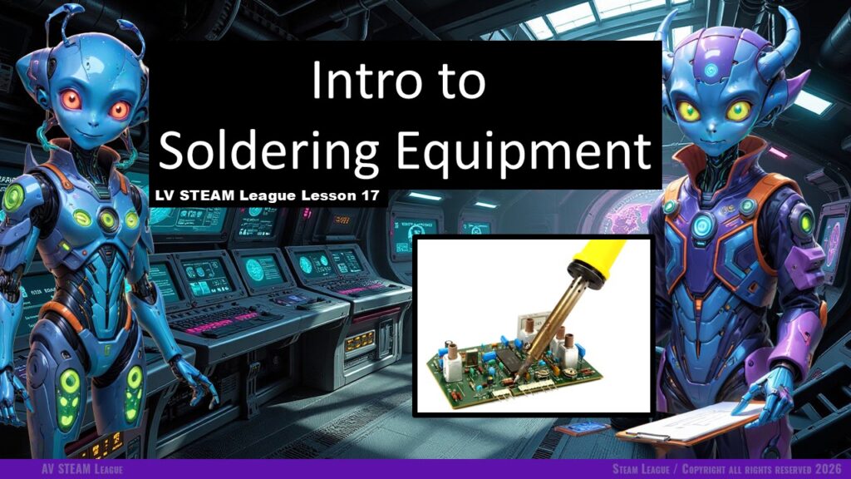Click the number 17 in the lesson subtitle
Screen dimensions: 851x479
(x=369, y=195)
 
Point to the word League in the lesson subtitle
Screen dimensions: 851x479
(x=268, y=195)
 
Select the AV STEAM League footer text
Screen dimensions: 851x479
(x=82, y=469)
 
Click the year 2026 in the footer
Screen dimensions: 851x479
(x=829, y=469)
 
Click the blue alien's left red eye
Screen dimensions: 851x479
(x=71, y=100)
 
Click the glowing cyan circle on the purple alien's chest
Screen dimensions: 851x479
(x=702, y=225)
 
